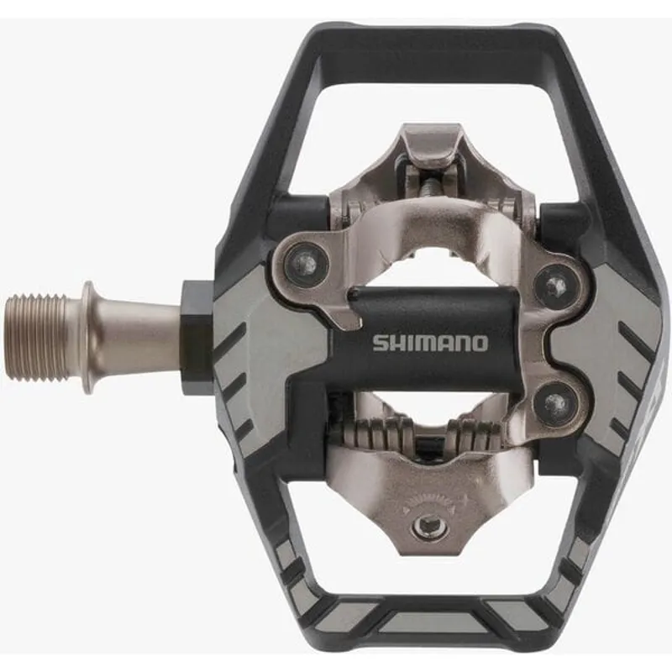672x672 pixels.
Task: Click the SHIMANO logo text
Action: point(429,343)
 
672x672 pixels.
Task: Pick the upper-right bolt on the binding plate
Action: point(554,286)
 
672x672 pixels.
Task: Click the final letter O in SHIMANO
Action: point(479,343)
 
